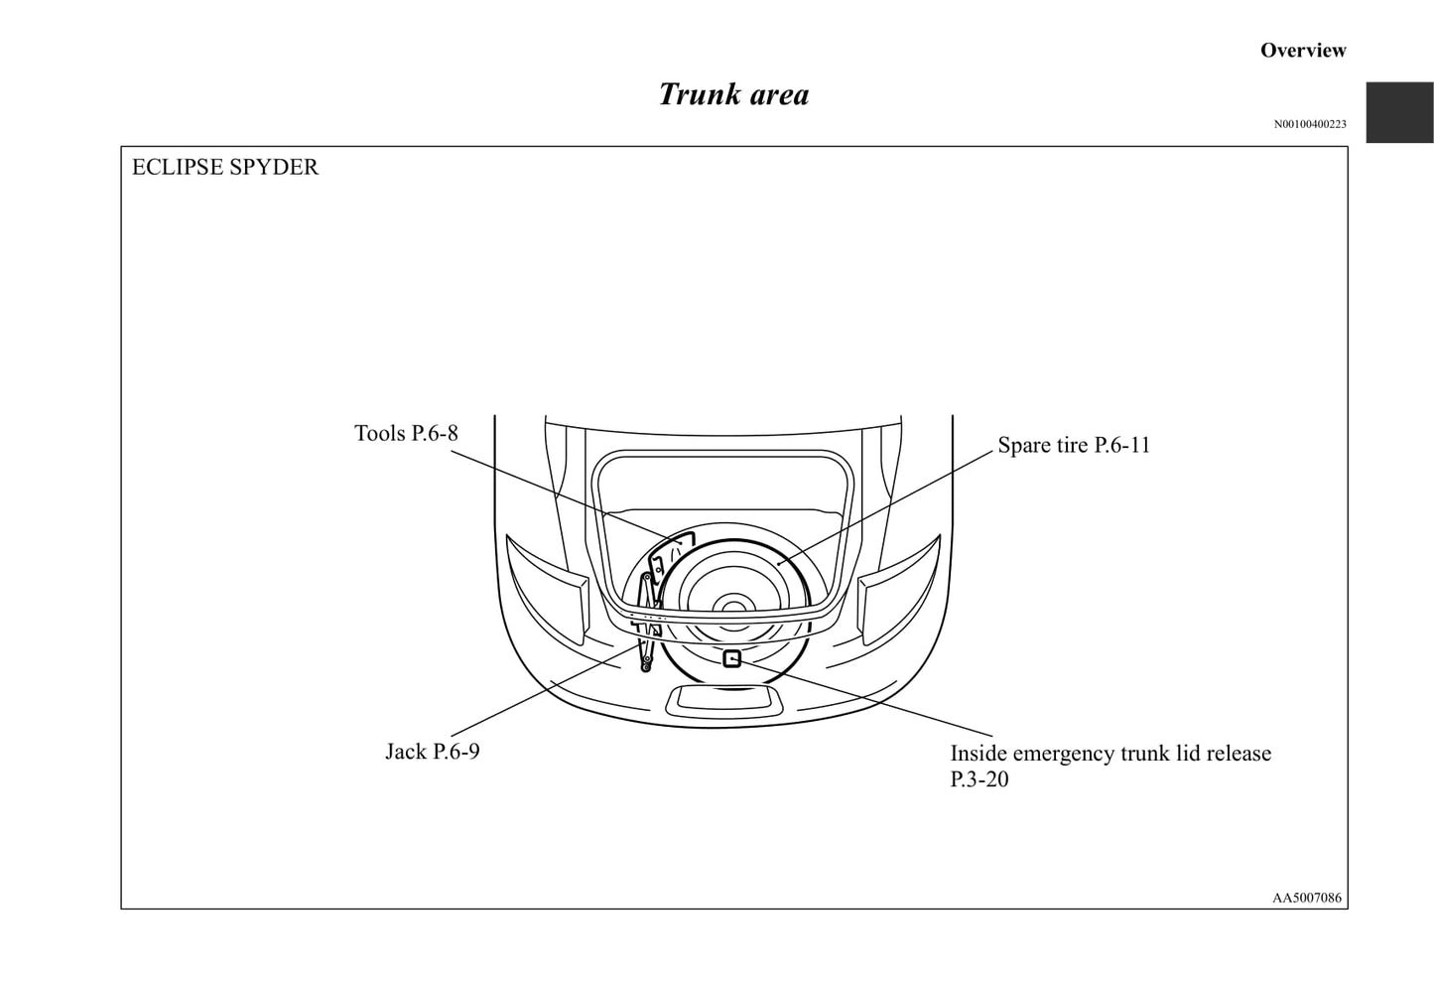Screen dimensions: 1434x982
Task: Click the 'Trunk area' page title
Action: [x=733, y=94]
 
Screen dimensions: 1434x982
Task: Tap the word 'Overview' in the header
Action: [x=1303, y=50]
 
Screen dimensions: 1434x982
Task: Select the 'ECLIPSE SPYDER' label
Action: [x=224, y=167]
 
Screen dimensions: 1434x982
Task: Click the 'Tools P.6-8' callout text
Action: [x=406, y=433]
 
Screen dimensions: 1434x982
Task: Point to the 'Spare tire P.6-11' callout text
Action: [x=1074, y=445]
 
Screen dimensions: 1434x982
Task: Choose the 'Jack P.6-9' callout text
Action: [x=432, y=751]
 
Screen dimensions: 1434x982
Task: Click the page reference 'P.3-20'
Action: [x=978, y=778]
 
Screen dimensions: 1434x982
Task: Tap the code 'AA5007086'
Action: [x=1307, y=898]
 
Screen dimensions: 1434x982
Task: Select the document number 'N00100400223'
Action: [x=1310, y=124]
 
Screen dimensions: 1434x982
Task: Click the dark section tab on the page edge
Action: [x=1400, y=112]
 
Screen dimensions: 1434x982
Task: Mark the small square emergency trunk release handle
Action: [x=731, y=658]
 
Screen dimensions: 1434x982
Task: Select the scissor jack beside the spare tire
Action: [x=648, y=622]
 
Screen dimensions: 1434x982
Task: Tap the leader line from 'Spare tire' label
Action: [x=885, y=506]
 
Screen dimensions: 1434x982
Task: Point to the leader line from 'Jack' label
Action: [x=544, y=690]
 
